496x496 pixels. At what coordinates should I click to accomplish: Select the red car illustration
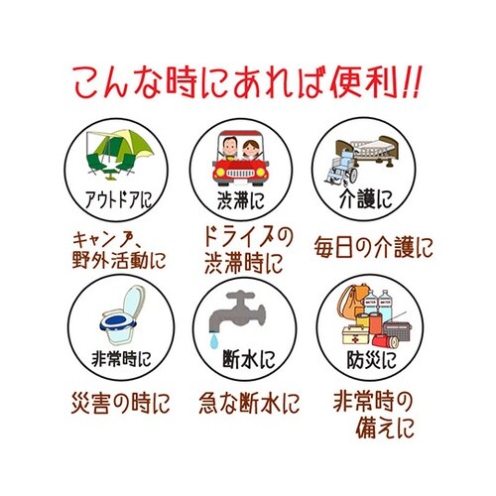click(x=243, y=163)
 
